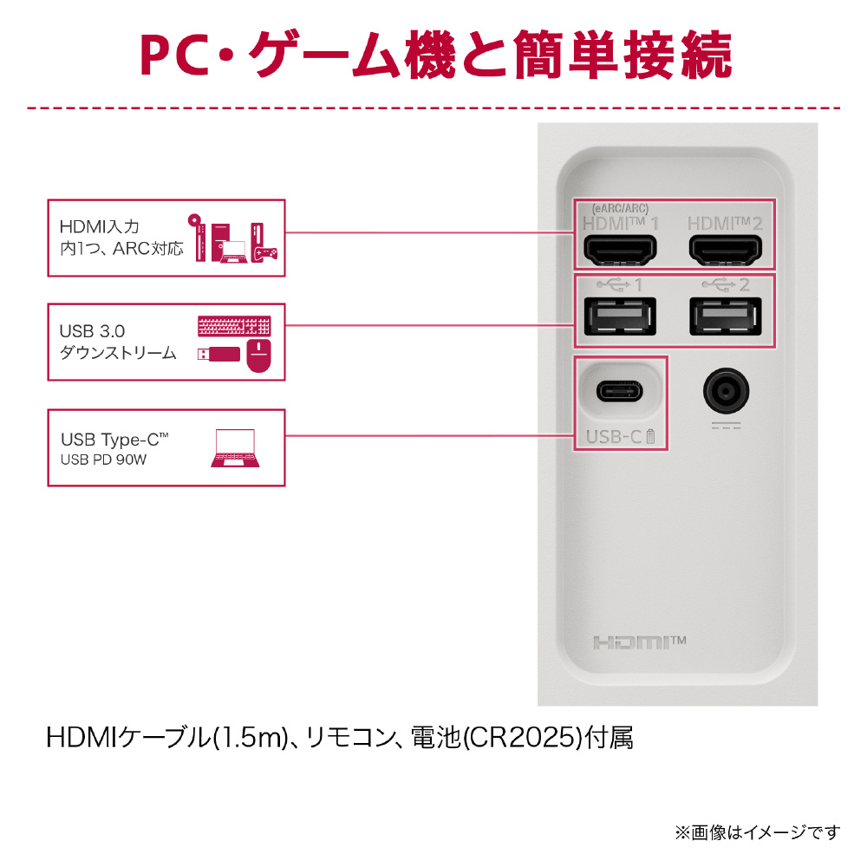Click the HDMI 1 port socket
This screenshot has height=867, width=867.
(619, 250)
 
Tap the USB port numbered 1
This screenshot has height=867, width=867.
(619, 316)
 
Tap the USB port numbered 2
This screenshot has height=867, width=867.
(726, 316)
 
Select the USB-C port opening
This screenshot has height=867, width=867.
(619, 392)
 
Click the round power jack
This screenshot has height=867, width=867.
(726, 392)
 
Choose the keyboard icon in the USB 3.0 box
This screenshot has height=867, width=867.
(234, 327)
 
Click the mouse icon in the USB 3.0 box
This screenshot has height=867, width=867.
(258, 355)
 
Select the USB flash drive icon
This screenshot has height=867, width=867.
(218, 355)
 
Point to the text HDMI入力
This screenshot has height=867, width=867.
(99, 227)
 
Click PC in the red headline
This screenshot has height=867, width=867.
(177, 58)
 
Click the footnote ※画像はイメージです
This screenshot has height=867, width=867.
(757, 832)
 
